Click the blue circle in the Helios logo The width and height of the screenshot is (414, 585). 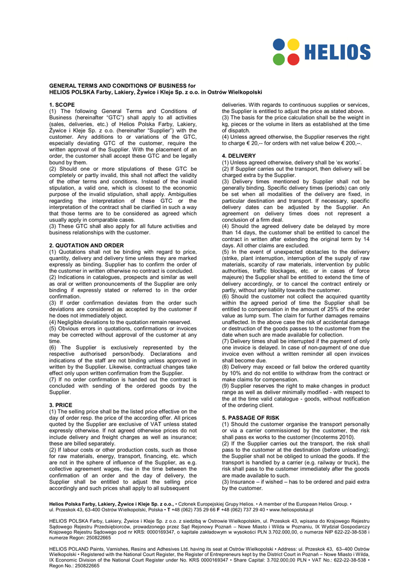click(x=278, y=44)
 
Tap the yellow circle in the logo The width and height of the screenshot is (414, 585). click(x=293, y=44)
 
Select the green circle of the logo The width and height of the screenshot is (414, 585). click(x=278, y=59)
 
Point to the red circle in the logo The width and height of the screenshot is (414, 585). click(x=293, y=59)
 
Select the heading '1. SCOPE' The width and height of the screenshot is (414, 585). click(x=62, y=105)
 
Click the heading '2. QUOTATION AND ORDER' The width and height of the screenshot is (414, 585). click(x=86, y=245)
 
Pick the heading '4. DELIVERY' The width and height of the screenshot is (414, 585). click(x=238, y=155)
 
